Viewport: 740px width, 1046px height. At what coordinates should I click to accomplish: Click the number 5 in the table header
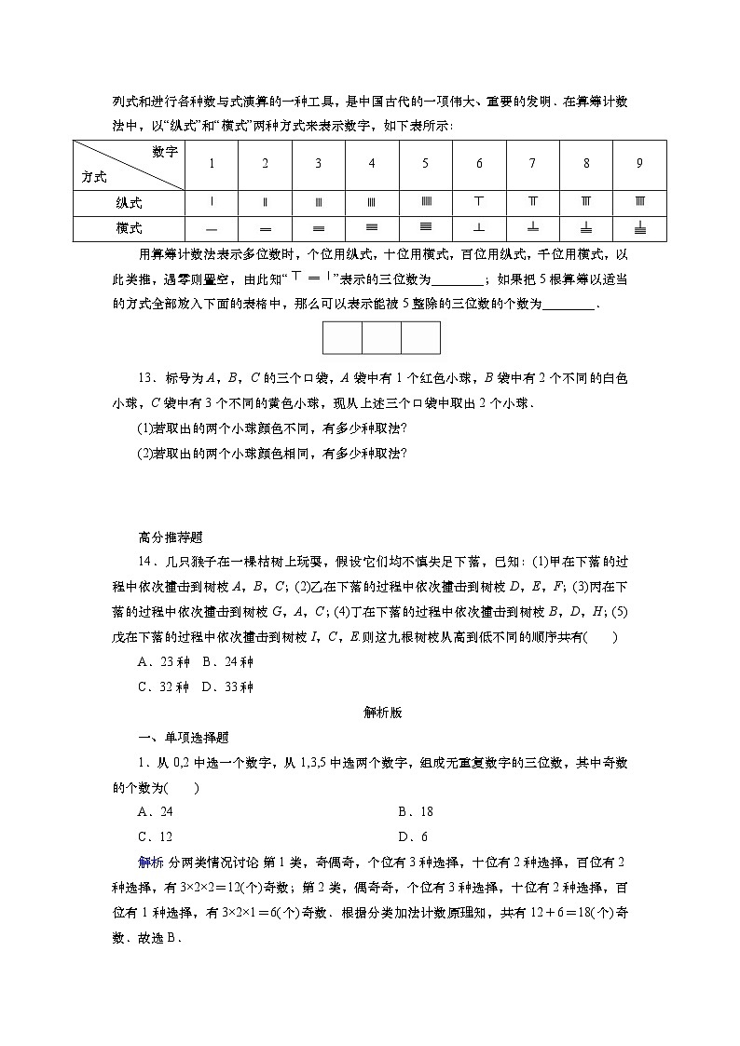425,164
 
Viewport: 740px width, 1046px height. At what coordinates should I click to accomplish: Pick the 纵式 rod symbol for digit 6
479,202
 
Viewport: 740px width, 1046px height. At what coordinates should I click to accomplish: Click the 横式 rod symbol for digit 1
212,228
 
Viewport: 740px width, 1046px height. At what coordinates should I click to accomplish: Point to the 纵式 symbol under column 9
639,202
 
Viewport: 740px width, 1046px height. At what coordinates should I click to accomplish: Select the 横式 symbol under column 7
532,227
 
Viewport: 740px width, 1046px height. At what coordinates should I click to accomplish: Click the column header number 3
318,164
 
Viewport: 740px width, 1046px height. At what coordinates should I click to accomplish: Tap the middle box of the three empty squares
381,337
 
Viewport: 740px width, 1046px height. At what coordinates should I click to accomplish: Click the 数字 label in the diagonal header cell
164,152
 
